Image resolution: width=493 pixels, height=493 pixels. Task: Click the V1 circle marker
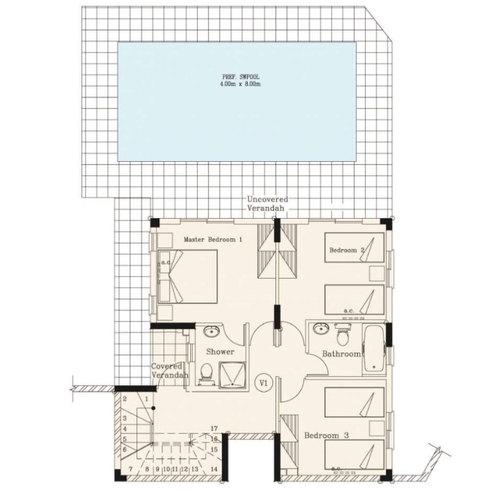263,383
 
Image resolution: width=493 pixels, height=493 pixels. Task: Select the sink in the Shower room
212,331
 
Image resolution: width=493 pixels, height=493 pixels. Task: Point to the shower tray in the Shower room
232,375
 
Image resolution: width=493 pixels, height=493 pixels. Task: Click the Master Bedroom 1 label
213,240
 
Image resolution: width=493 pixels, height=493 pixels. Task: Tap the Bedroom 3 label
326,435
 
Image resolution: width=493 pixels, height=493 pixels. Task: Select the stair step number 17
214,429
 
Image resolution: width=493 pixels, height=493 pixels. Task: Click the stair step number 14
214,469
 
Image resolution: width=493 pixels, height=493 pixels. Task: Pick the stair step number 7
131,469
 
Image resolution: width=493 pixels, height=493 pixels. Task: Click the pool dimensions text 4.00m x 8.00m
241,84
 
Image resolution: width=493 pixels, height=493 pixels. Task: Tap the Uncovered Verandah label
267,204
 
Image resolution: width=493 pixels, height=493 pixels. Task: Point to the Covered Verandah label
170,370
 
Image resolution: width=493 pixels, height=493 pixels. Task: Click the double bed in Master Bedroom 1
188,276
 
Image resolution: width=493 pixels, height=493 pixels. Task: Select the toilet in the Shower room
207,373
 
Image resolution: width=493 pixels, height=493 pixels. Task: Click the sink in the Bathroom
320,329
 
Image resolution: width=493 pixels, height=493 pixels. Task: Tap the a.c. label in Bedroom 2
349,310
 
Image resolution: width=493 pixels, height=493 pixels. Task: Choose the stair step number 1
147,399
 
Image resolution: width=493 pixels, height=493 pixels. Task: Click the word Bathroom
341,354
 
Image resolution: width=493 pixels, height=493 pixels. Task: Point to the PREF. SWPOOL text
241,76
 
